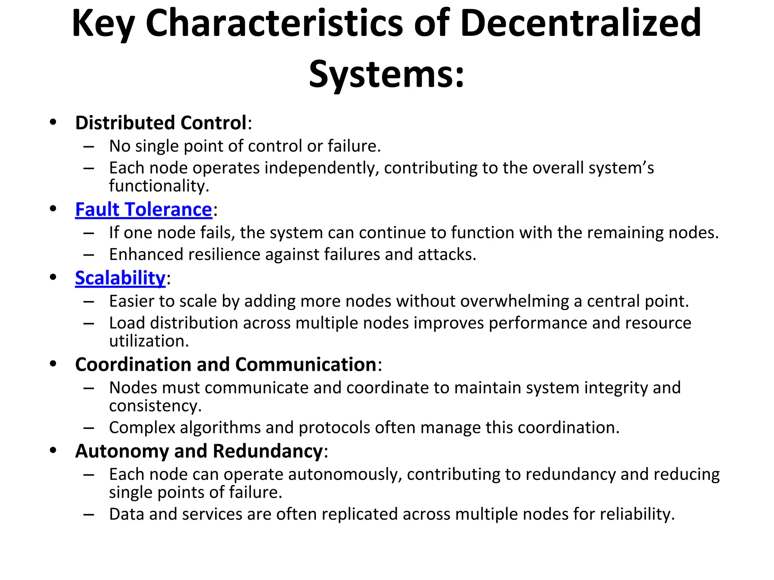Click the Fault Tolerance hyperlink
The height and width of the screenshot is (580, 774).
pyautogui.click(x=143, y=210)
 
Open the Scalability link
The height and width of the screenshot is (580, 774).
pyautogui.click(x=120, y=278)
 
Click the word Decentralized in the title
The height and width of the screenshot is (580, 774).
pyautogui.click(x=580, y=23)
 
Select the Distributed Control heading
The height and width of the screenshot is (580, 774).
pyautogui.click(x=161, y=123)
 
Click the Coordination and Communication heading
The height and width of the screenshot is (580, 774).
pyautogui.click(x=226, y=365)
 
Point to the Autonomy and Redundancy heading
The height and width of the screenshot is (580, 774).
pyautogui.click(x=199, y=451)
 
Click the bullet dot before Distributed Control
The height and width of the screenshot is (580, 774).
pyautogui.click(x=53, y=122)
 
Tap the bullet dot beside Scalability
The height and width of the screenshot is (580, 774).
pyautogui.click(x=53, y=278)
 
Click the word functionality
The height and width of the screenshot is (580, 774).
pyautogui.click(x=159, y=186)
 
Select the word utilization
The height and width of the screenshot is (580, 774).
pyautogui.click(x=149, y=341)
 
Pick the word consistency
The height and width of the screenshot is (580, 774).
pyautogui.click(x=155, y=406)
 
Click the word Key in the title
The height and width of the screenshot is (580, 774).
pyautogui.click(x=103, y=24)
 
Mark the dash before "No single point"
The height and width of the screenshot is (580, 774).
pyautogui.click(x=89, y=147)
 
